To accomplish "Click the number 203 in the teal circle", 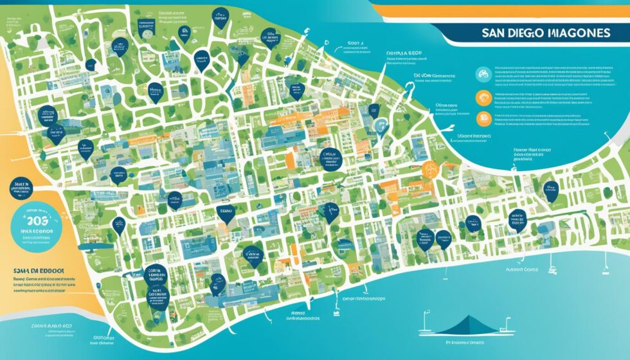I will click(x=40, y=221).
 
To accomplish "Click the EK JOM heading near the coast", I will click(x=424, y=75).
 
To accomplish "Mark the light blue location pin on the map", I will click(x=381, y=126).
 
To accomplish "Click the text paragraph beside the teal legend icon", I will click(x=546, y=76).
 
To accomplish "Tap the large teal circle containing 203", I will click(x=40, y=225).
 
